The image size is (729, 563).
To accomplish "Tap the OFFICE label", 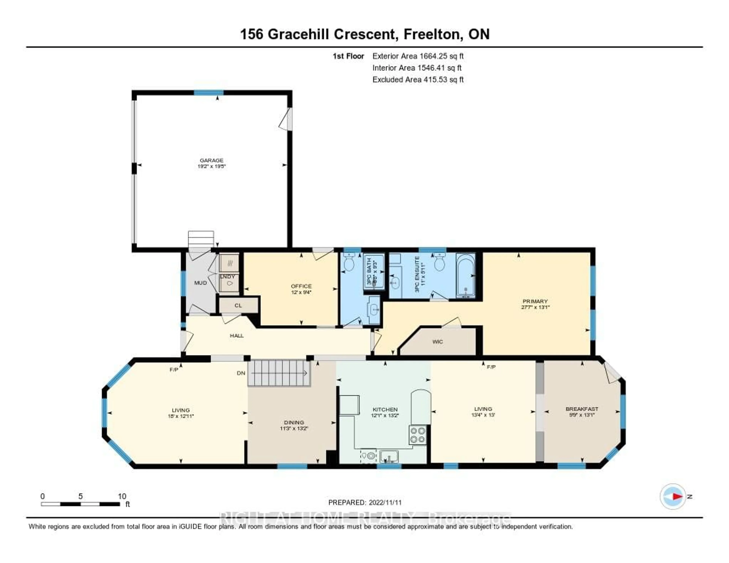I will [301, 286].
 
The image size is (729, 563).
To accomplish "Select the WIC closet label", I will [437, 342].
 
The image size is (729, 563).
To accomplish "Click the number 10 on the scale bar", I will [122, 496].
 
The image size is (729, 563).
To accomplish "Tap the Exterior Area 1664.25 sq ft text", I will [418, 56].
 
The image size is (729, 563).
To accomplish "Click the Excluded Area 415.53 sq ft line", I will [418, 79].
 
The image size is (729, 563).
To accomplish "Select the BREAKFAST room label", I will [582, 409].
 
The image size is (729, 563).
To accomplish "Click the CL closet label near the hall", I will [238, 306].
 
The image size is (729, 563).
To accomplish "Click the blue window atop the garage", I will [209, 93].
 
